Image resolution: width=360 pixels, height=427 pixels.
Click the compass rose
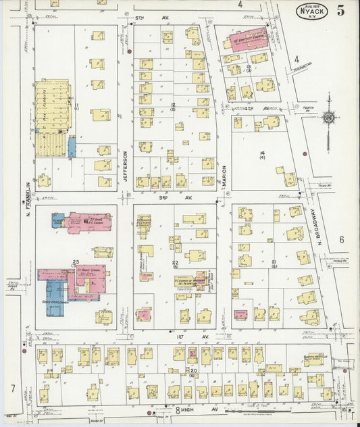(x=329, y=118)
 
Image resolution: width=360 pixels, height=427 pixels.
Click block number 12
(x=173, y=105)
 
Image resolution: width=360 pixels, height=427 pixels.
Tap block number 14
(x=261, y=153)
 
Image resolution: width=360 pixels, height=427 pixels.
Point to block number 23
(x=76, y=262)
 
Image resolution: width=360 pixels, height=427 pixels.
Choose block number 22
(x=174, y=263)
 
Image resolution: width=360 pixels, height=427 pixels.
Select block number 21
(x=274, y=262)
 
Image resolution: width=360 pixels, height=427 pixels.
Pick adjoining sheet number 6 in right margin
(x=342, y=239)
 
